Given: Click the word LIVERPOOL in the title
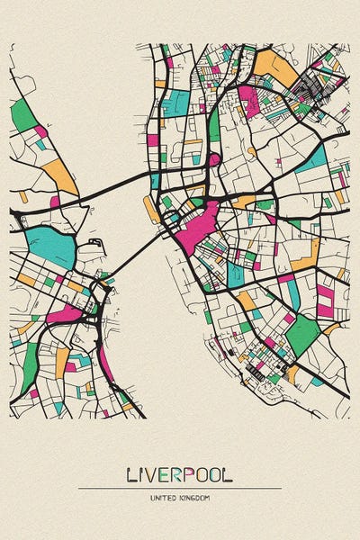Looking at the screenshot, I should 180,473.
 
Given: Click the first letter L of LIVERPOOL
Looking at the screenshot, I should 131,473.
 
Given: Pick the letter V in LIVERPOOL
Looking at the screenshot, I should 151,473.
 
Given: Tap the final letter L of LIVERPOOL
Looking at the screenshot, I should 229,473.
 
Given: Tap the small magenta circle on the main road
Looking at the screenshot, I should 214,159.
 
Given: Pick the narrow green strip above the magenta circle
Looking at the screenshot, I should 214,126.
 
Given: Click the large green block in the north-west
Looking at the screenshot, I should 23,115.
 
